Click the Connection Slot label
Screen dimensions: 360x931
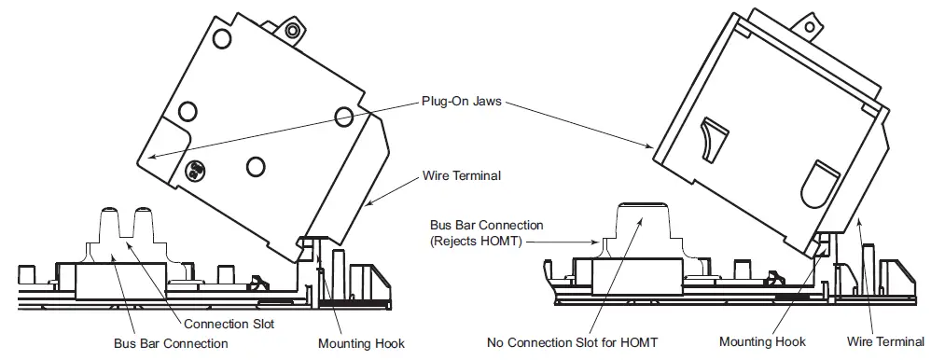pyautogui.click(x=228, y=324)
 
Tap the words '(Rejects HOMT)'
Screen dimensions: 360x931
pyautogui.click(x=476, y=241)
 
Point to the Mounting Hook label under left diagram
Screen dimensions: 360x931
pyautogui.click(x=361, y=343)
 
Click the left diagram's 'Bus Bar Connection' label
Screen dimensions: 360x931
pyautogui.click(x=170, y=342)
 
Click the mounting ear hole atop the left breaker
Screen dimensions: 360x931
pyautogui.click(x=293, y=31)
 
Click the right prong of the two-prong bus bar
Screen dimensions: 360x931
pyautogui.click(x=145, y=223)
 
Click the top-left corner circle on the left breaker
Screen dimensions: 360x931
pyautogui.click(x=222, y=37)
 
